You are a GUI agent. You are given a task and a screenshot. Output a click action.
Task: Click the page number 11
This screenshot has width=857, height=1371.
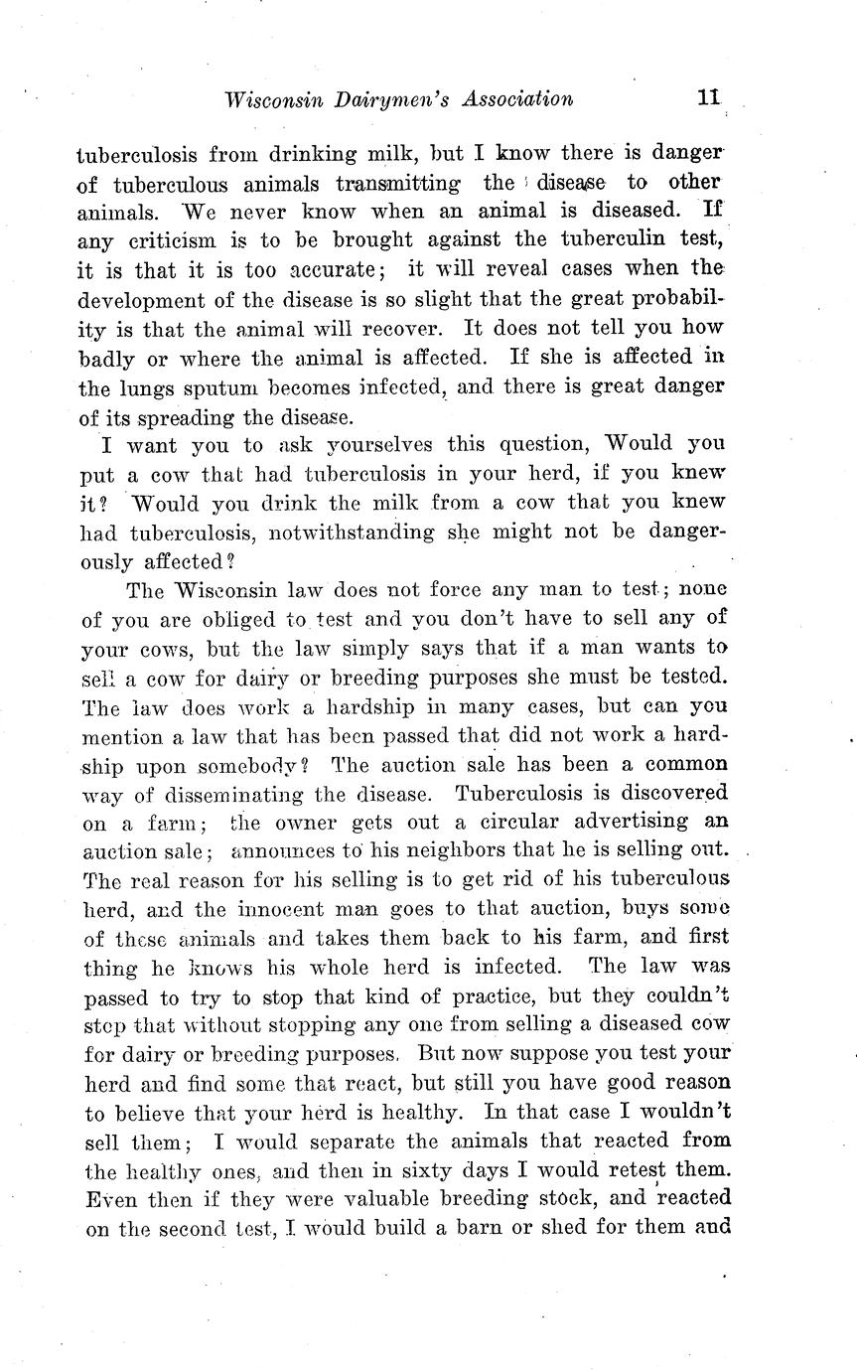707,98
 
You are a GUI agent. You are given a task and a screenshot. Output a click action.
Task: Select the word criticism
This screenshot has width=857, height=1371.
171,241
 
